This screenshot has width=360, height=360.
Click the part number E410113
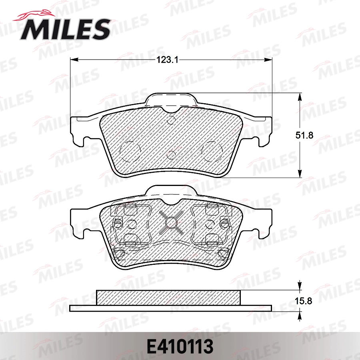pyautogui.click(x=180, y=346)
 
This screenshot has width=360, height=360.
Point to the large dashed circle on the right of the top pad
pyautogui.click(x=212, y=152)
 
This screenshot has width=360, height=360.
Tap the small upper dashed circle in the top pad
pyautogui.click(x=171, y=120)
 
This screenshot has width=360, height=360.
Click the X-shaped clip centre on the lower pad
pyautogui.click(x=171, y=222)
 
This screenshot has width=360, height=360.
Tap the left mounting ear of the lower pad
pyautogui.click(x=79, y=222)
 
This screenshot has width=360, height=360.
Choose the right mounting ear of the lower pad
pyautogui.click(x=263, y=222)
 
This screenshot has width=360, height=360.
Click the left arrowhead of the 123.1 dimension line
pyautogui.click(x=73, y=60)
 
